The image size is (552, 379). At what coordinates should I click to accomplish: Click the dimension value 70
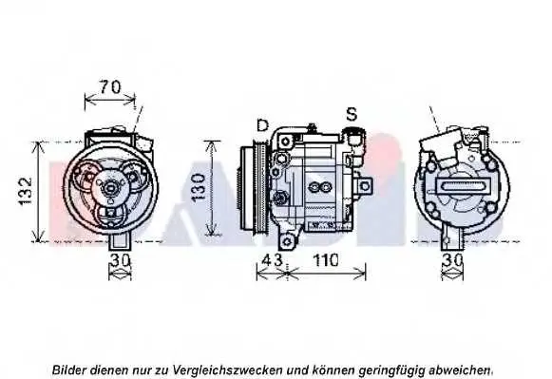point(110,87)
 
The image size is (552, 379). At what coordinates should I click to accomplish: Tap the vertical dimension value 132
point(26,191)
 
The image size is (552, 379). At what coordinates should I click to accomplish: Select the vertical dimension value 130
point(199,186)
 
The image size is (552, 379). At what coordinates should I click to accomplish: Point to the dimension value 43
point(272,260)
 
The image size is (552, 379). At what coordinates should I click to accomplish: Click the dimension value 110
point(326,260)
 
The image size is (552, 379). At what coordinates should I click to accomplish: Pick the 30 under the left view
point(121,261)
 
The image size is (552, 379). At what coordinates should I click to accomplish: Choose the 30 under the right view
point(453,261)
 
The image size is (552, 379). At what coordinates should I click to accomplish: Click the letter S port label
point(352,114)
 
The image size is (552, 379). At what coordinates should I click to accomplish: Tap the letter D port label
point(262,125)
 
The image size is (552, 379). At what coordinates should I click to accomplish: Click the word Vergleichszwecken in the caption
point(228,370)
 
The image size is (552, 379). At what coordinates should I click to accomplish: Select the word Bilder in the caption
point(69,370)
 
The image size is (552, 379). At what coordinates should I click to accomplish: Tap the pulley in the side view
point(255,189)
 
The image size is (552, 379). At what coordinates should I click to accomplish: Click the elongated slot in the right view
point(464,184)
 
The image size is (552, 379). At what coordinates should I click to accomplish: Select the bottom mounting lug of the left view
point(121,242)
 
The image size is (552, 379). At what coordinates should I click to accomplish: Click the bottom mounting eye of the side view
point(288,241)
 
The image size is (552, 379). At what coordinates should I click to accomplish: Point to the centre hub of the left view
point(110,188)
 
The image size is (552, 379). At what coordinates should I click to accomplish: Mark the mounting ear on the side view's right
point(365,185)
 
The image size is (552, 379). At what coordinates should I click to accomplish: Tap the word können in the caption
point(333,370)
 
